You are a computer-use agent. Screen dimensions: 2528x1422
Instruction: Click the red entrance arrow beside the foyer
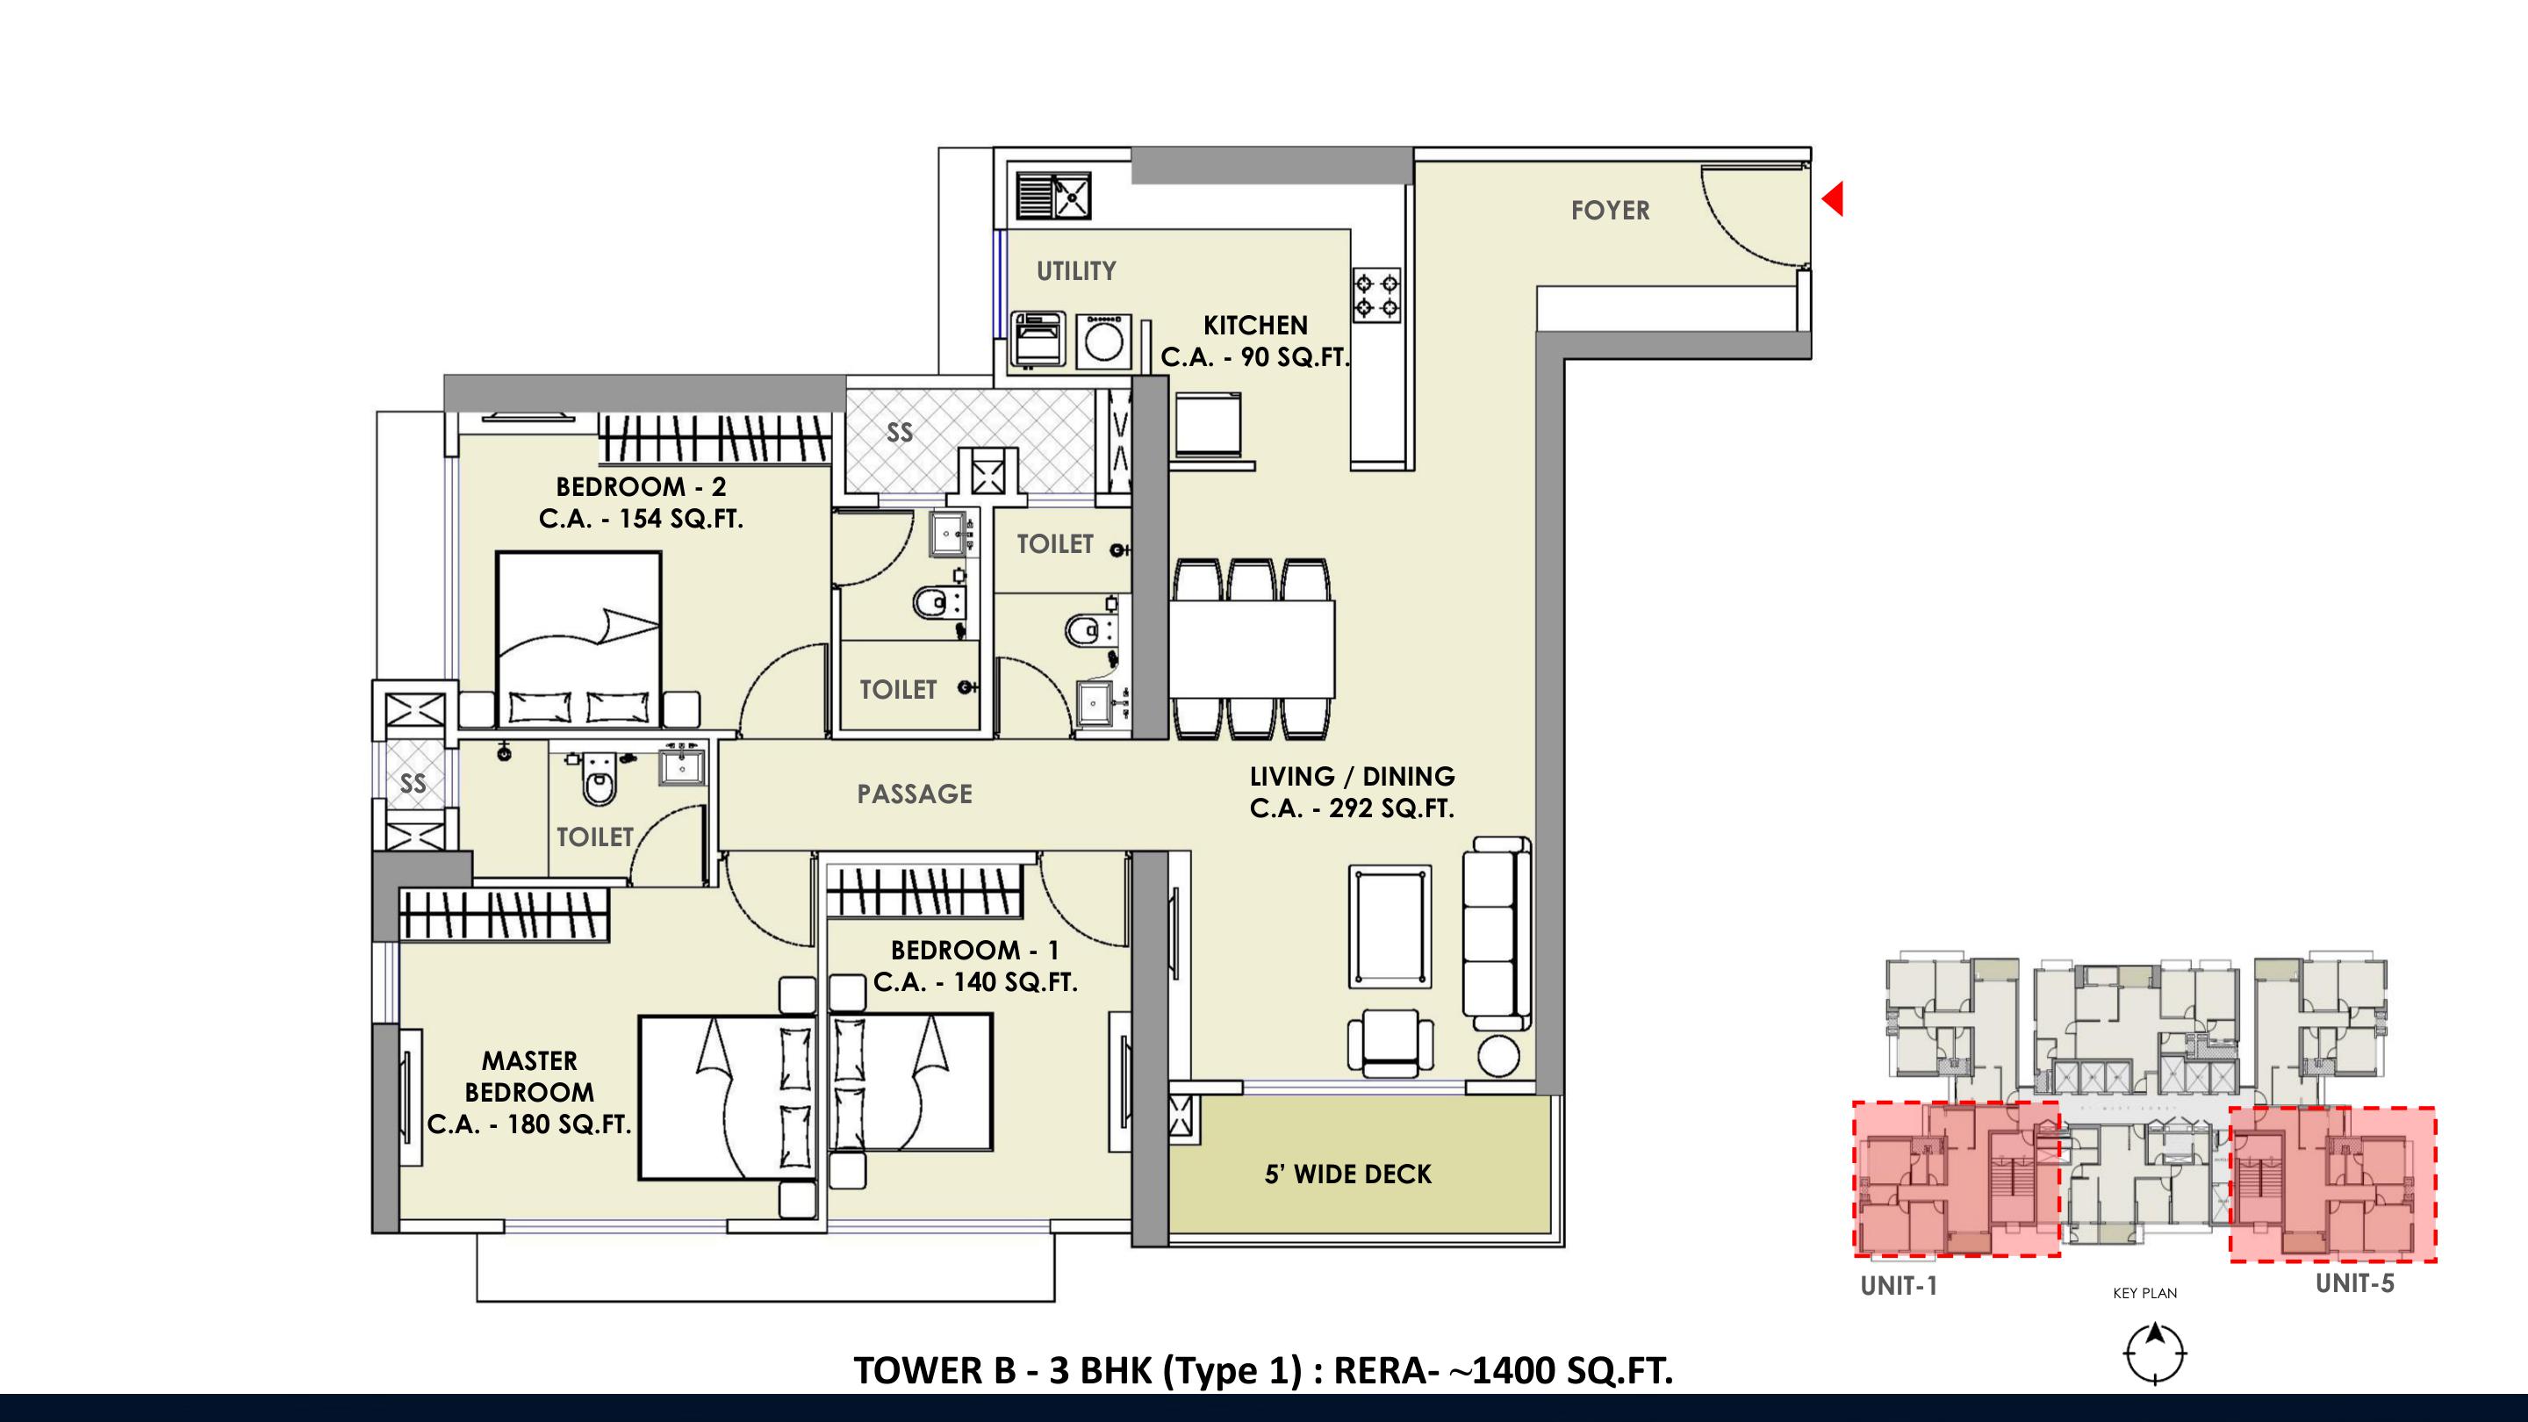pos(1833,198)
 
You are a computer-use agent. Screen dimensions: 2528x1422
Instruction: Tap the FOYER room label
pos(1611,210)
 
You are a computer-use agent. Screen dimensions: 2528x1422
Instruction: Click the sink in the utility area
pos(1054,195)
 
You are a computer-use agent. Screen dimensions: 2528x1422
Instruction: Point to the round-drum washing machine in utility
pos(1103,341)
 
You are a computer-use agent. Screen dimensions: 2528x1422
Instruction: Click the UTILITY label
pos(1076,271)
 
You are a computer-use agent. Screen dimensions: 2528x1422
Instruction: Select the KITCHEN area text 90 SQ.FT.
pos(1296,357)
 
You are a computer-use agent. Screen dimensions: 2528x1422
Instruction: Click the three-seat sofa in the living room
pos(1497,933)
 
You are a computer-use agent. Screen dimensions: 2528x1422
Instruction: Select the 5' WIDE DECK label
pos(1347,1174)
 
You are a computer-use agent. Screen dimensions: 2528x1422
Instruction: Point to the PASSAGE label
pos(915,794)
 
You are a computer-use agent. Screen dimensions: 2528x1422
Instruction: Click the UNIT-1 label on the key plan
pos(1899,1286)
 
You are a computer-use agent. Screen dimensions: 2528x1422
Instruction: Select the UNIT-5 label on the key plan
pos(2354,1282)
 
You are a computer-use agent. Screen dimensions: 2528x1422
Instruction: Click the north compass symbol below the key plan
pos(2155,1354)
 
